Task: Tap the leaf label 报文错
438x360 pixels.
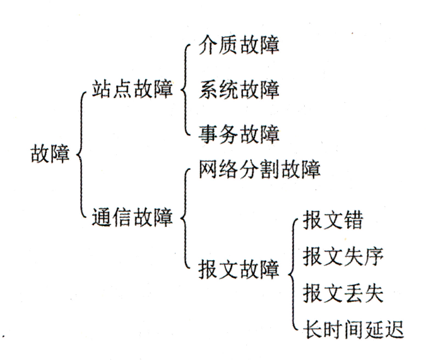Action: coord(333,224)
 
